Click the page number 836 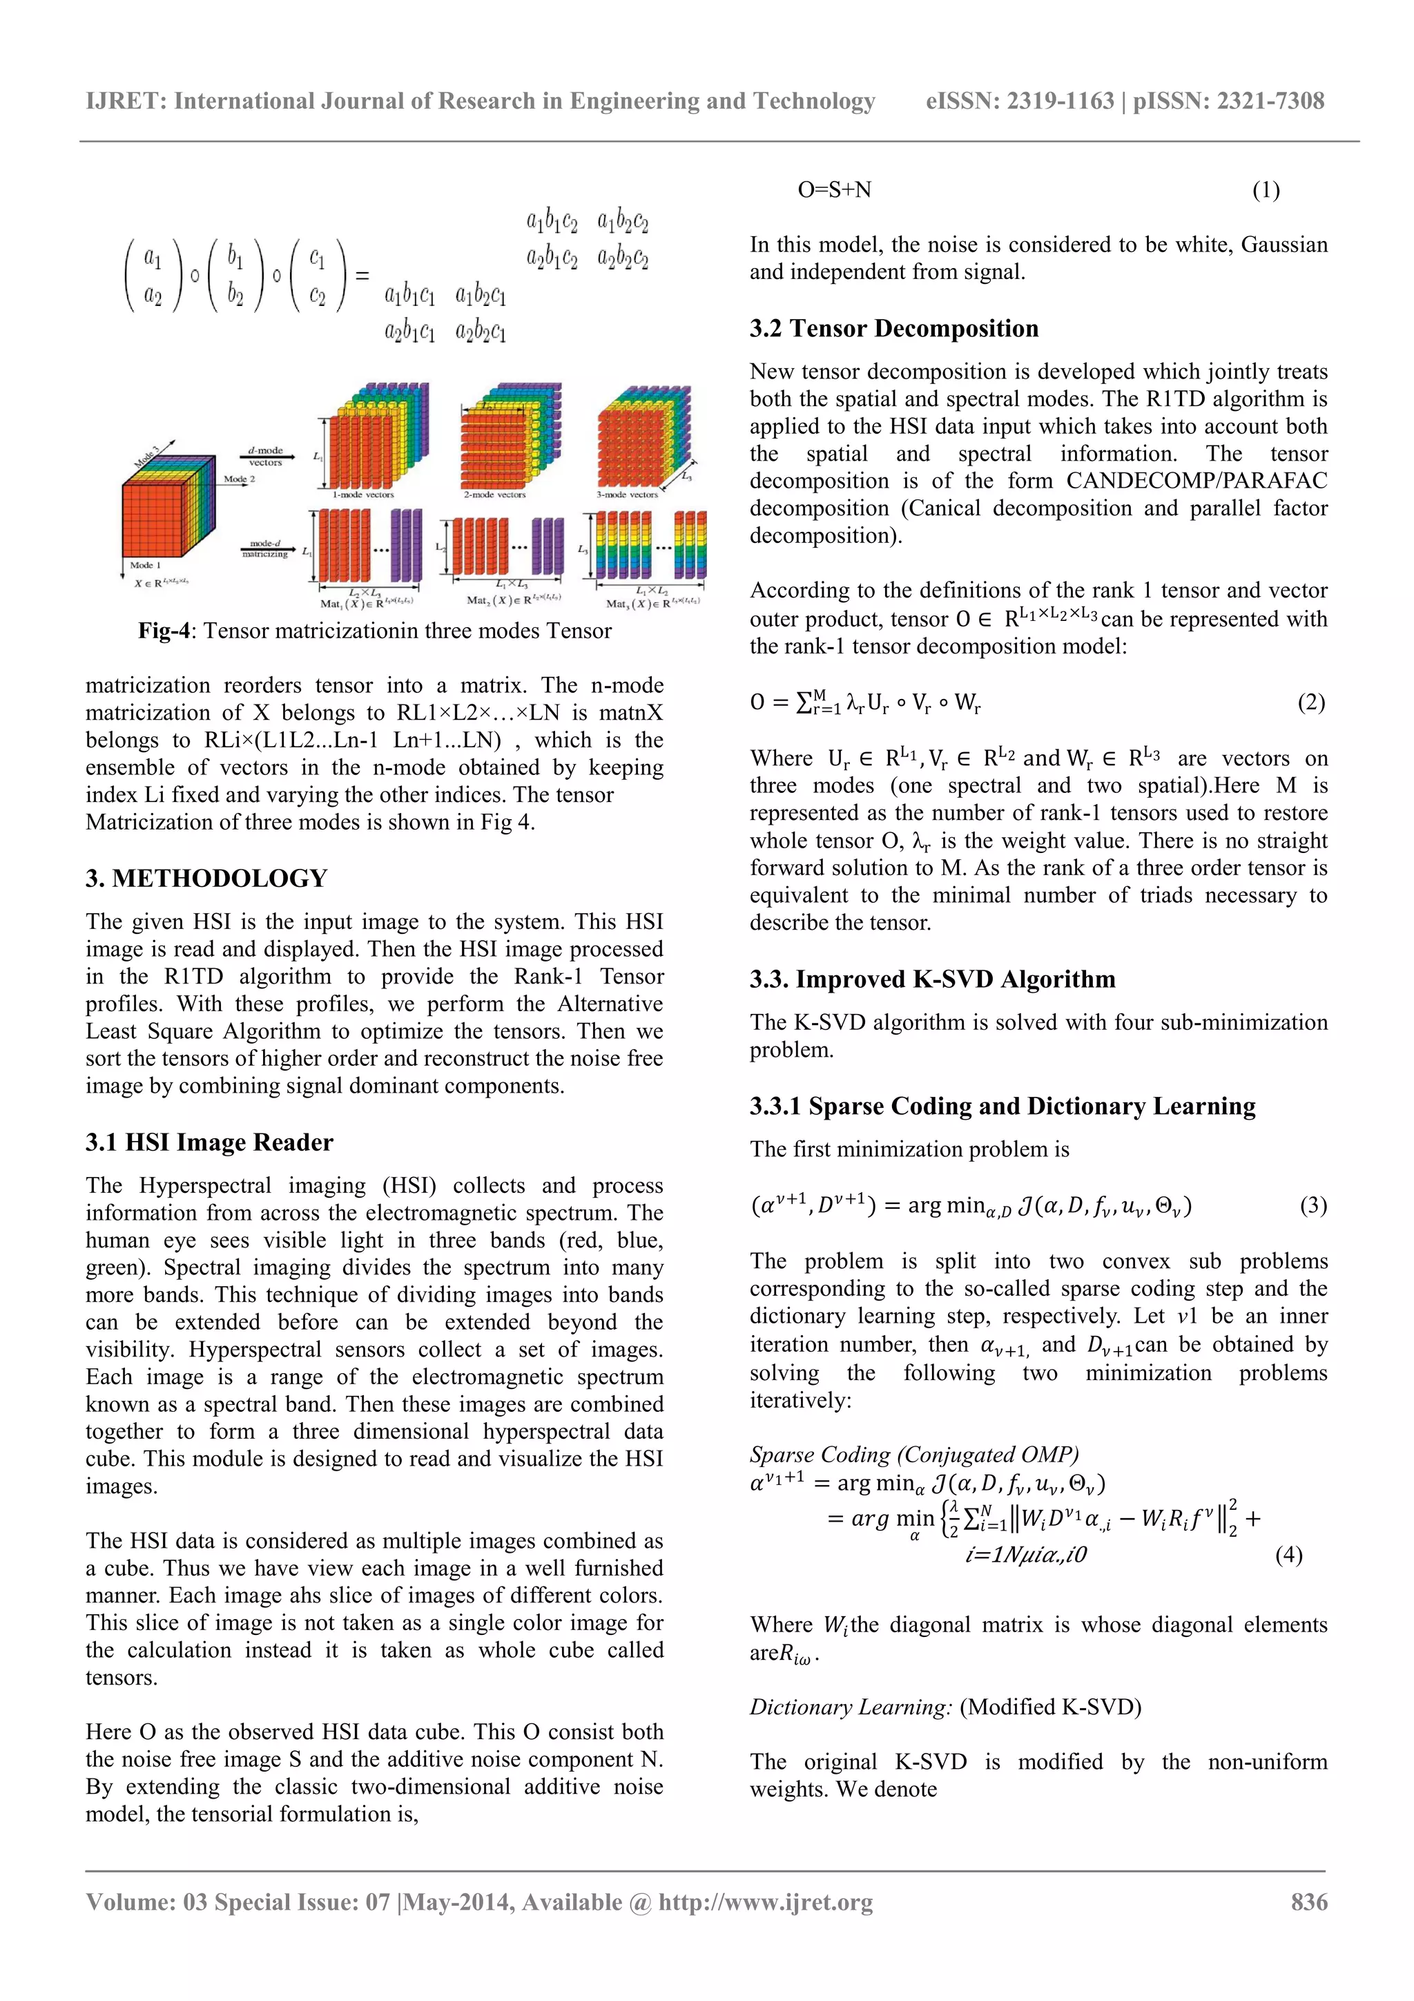pos(1308,1902)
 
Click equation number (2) pos(1310,702)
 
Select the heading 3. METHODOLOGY pos(206,879)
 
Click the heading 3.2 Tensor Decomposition pos(894,329)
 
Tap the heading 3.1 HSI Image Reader pos(209,1142)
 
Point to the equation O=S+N pos(834,190)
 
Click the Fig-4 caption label pos(164,631)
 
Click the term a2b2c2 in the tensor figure pos(623,258)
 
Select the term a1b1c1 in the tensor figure pos(409,296)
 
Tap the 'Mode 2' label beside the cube pos(239,479)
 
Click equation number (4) pos(1288,1555)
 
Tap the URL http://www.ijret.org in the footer pos(765,1902)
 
